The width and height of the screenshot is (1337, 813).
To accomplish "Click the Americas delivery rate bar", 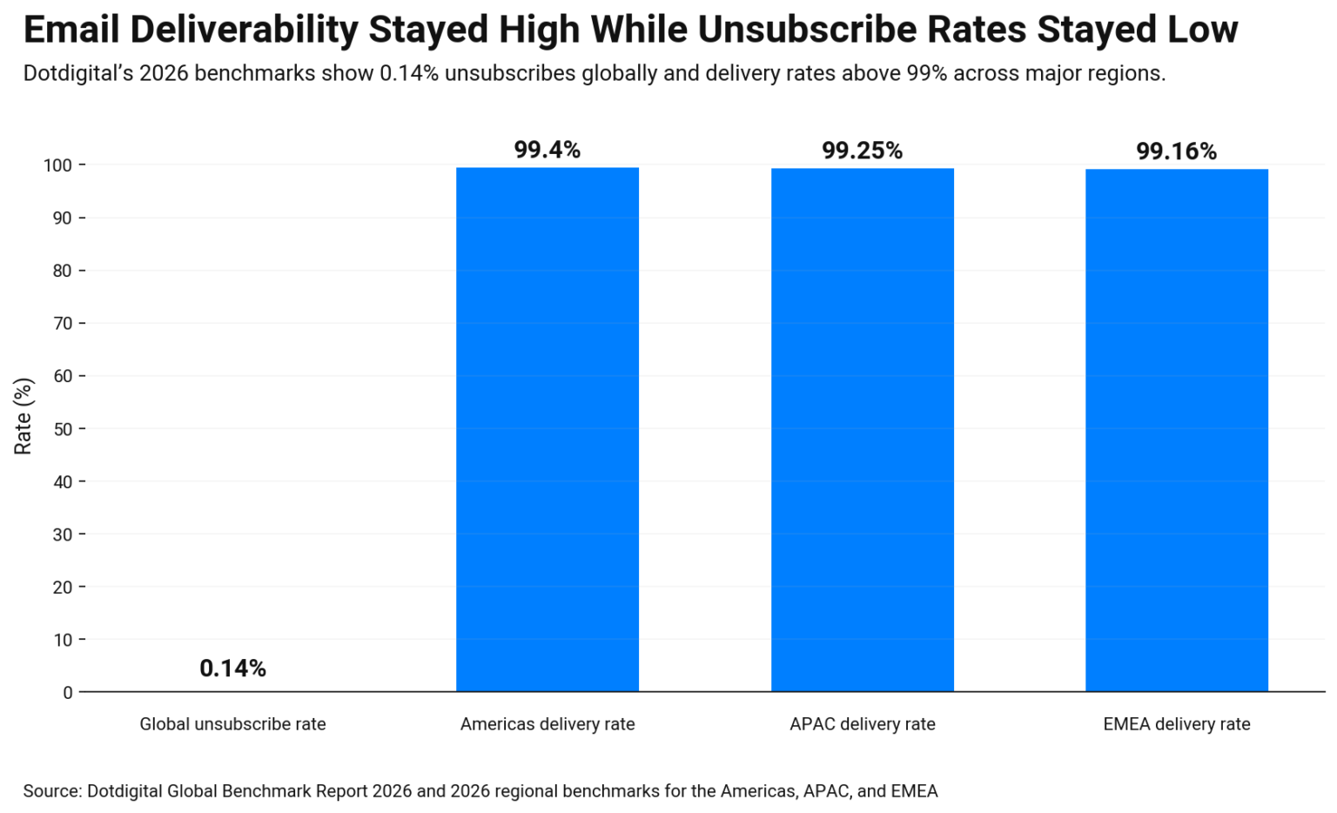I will [548, 429].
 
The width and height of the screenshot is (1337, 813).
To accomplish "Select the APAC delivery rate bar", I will [862, 429].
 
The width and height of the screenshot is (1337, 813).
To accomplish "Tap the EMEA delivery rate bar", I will [1176, 430].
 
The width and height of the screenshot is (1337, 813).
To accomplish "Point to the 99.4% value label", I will [547, 150].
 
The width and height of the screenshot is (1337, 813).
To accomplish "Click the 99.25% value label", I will [862, 151].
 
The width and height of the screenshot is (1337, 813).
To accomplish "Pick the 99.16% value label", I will [1176, 151].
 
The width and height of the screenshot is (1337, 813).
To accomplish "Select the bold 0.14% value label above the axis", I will [232, 669].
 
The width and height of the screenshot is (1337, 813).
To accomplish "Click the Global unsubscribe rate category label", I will [232, 724].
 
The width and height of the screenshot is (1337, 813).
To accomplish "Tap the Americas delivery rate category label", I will [548, 724].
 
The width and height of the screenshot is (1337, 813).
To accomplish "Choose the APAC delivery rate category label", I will [862, 724].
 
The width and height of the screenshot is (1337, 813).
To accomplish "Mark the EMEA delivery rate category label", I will [1176, 724].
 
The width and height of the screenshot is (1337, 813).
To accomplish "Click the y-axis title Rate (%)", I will [24, 416].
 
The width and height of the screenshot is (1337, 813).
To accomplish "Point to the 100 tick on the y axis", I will [58, 165].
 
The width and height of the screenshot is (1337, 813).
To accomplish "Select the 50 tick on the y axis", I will [63, 429].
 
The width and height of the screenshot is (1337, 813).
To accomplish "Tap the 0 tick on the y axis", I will [68, 693].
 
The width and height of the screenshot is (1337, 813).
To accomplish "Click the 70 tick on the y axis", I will [63, 324].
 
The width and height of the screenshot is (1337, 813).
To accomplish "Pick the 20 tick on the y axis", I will [63, 588].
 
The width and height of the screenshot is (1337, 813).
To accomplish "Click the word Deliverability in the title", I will [243, 30].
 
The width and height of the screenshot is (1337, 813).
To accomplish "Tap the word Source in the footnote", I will [51, 791].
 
